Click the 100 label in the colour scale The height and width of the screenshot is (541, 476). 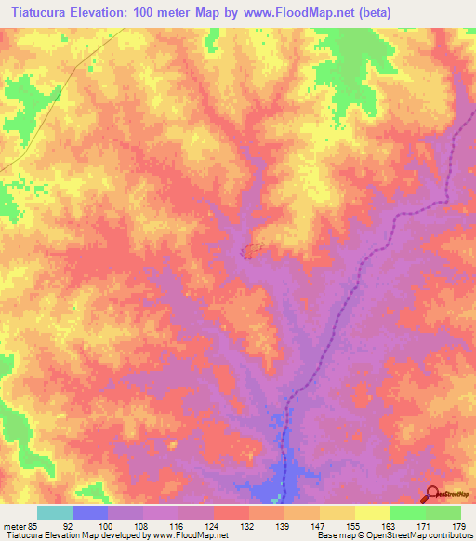click(x=108, y=525)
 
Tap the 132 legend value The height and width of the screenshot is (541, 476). click(x=249, y=525)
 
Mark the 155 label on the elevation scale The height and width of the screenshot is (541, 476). click(x=354, y=525)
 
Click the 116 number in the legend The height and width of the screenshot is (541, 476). click(x=178, y=525)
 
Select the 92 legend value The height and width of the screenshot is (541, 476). click(x=73, y=525)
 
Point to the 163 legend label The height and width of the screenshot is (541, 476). click(x=390, y=525)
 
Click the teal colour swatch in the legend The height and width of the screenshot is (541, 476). click(x=55, y=512)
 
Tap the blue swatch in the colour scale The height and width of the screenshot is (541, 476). click(x=90, y=512)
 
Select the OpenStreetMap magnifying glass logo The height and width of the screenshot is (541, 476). click(x=431, y=495)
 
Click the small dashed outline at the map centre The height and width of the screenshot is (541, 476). click(x=250, y=251)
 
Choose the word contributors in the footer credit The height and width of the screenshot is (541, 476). click(x=446, y=535)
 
